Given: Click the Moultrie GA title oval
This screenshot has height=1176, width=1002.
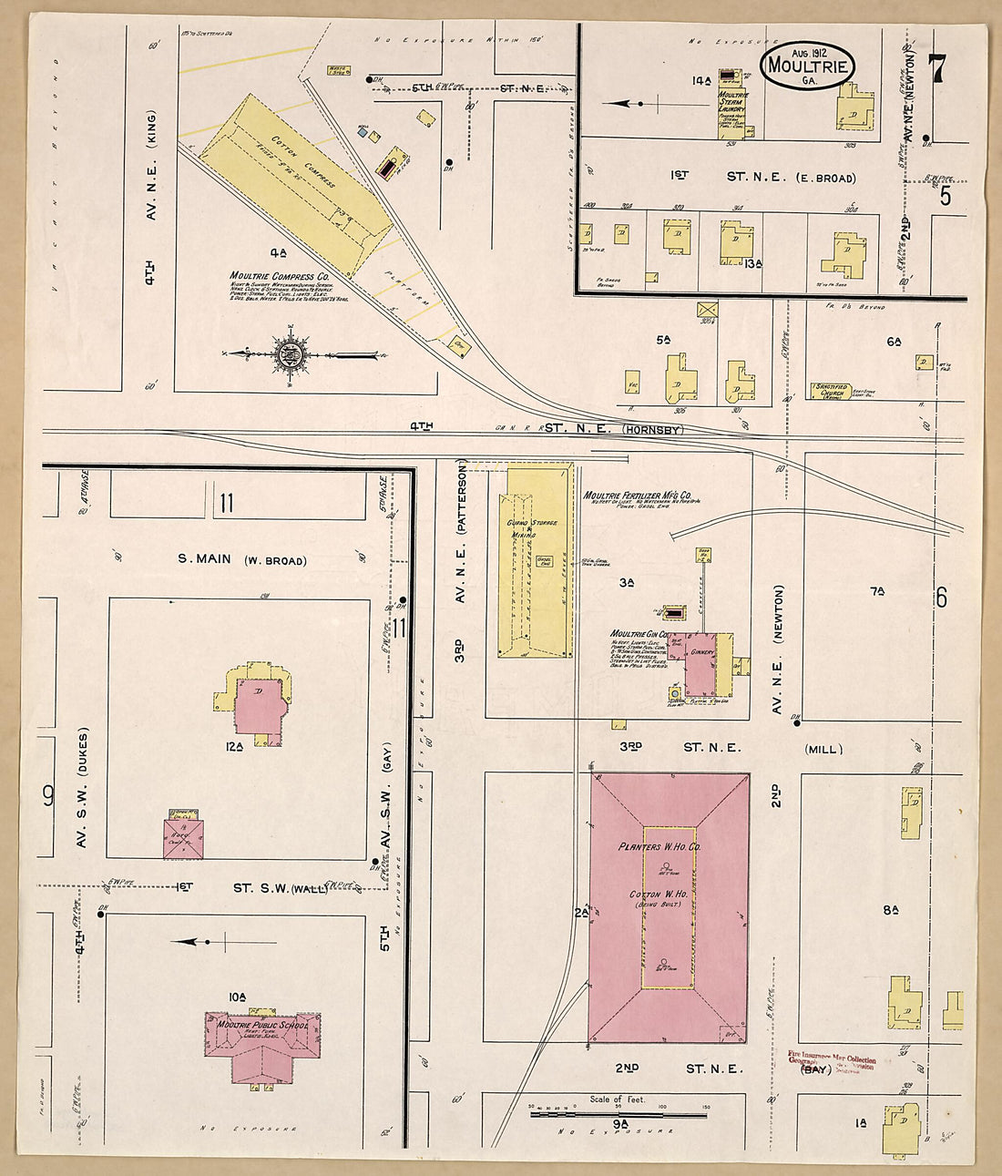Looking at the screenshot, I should tap(808, 65).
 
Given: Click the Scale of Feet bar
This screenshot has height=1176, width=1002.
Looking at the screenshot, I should tap(619, 1112).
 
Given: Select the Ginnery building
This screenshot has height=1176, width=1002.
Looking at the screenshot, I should tap(702, 663).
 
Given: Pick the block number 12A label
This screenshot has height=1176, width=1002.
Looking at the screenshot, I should tap(234, 747).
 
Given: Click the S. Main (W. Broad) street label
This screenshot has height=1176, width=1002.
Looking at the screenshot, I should tap(240, 560).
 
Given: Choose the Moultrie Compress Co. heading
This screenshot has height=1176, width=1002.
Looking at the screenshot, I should tap(280, 275).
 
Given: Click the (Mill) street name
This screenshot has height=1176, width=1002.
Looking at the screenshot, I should tap(823, 750).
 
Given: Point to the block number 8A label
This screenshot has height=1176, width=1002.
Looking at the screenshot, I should tap(890, 909).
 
